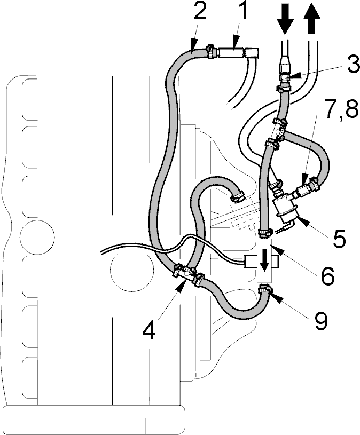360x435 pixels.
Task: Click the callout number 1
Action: tap(243, 11)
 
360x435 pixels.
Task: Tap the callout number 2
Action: tap(200, 11)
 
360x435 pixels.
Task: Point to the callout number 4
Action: tap(149, 329)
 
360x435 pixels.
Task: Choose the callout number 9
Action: tap(321, 321)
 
